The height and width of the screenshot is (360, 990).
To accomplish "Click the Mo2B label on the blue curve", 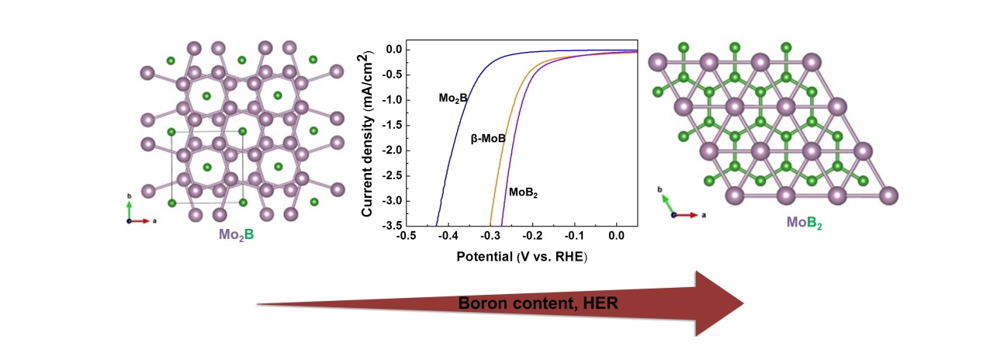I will pyautogui.click(x=454, y=98).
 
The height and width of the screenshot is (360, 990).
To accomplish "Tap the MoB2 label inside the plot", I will pyautogui.click(x=523, y=192).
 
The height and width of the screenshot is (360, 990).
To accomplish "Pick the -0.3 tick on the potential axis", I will pyautogui.click(x=489, y=234).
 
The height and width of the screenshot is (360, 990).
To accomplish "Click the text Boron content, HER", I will pyautogui.click(x=538, y=304).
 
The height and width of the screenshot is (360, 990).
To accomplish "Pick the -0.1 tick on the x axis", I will pyautogui.click(x=573, y=234).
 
